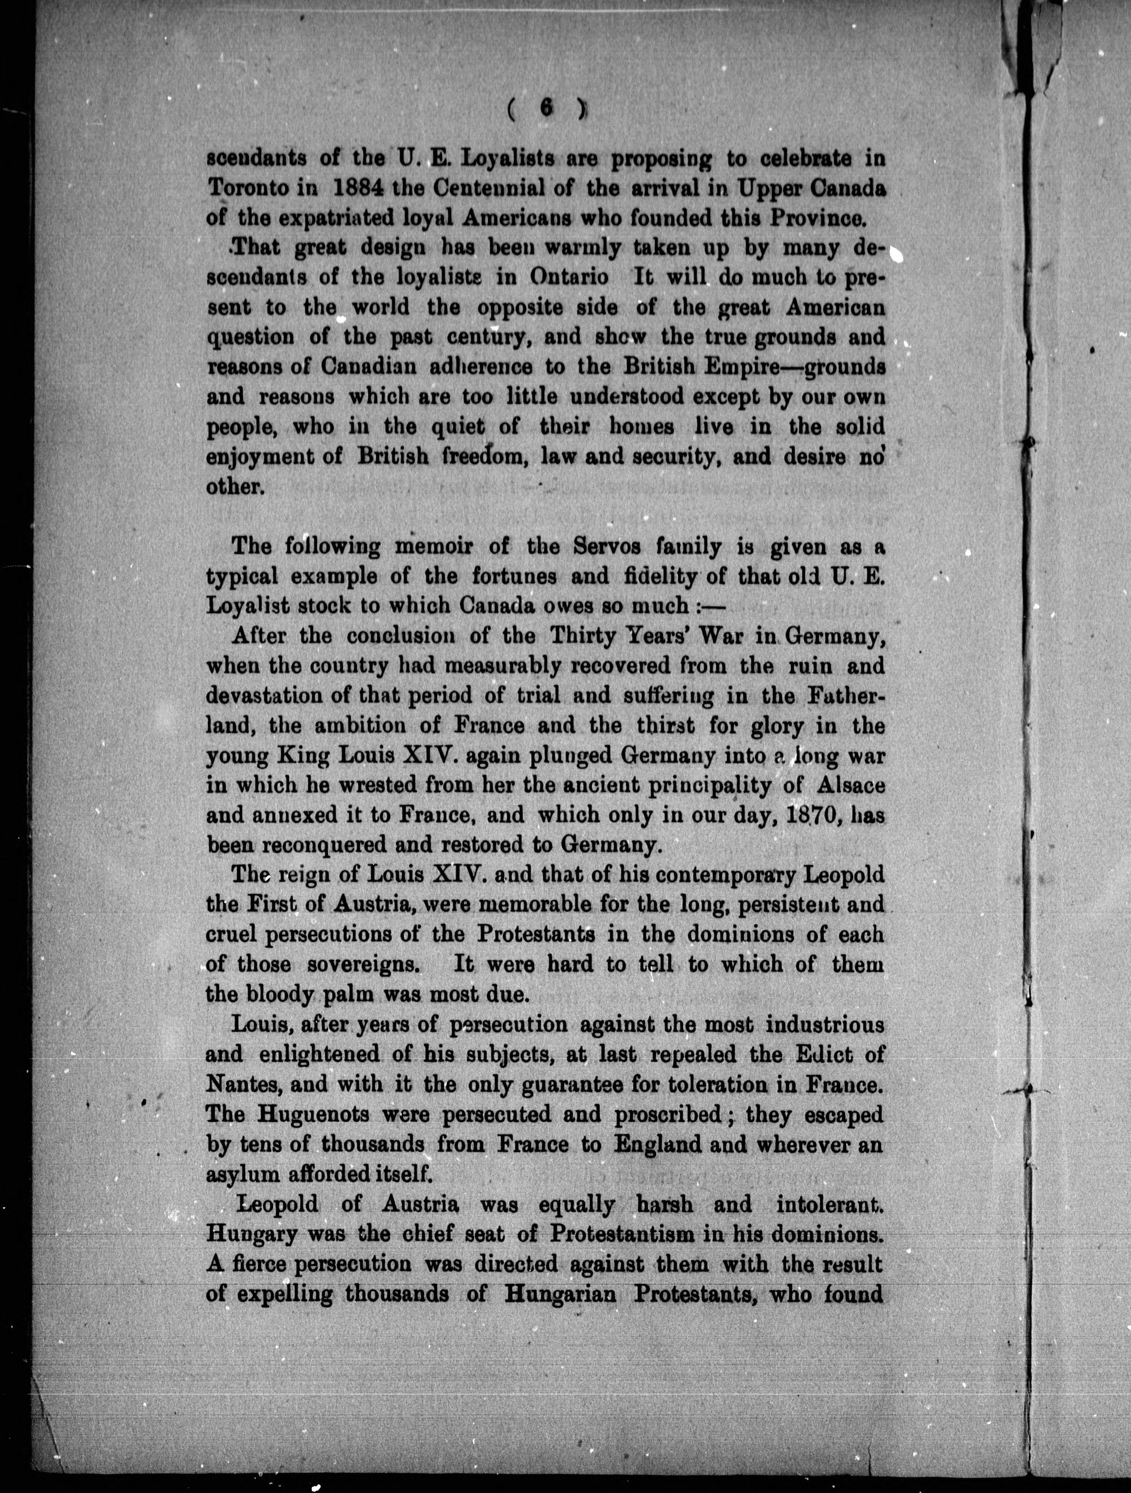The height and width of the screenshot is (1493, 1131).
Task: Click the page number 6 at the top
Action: pyautogui.click(x=546, y=107)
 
